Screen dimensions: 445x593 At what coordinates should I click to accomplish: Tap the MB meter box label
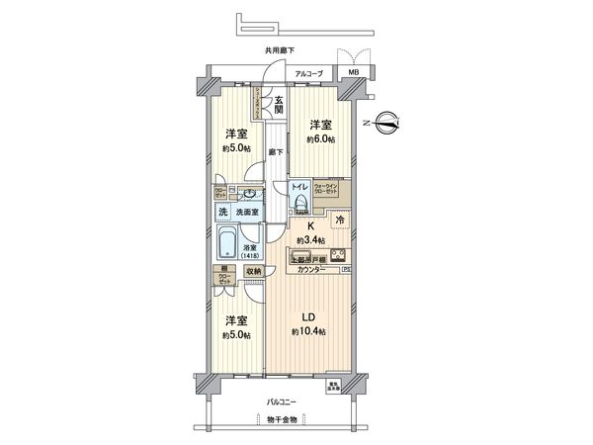point(352,73)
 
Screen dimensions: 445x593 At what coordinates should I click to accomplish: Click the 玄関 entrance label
point(280,102)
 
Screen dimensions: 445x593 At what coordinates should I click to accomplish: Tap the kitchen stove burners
point(327,253)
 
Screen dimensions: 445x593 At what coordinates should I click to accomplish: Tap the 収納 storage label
point(253,270)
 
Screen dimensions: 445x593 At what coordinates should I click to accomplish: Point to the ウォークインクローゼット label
point(328,187)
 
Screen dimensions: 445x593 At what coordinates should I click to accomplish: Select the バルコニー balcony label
point(285,402)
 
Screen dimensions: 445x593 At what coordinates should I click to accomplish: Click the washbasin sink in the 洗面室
point(251,194)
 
